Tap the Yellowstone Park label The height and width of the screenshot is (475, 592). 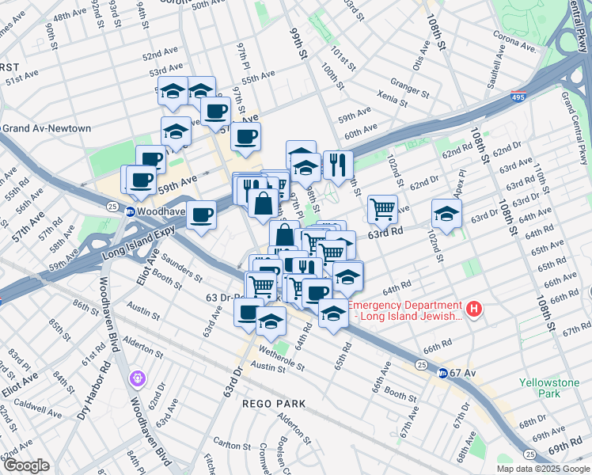tap(548, 388)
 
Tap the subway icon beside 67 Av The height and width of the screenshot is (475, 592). tap(443, 373)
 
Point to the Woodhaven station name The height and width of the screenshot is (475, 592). tap(160, 211)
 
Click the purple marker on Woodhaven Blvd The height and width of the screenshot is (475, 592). tap(138, 379)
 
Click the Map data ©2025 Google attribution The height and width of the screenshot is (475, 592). tap(544, 469)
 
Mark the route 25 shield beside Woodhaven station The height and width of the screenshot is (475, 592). tap(112, 207)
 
